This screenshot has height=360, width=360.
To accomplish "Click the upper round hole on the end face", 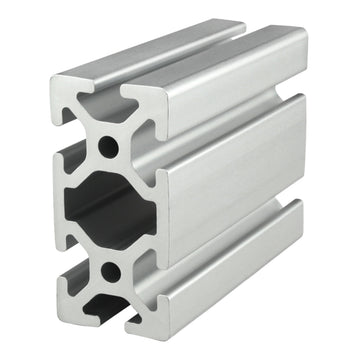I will [108, 148].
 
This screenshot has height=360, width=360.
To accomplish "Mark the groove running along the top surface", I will [200, 53].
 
